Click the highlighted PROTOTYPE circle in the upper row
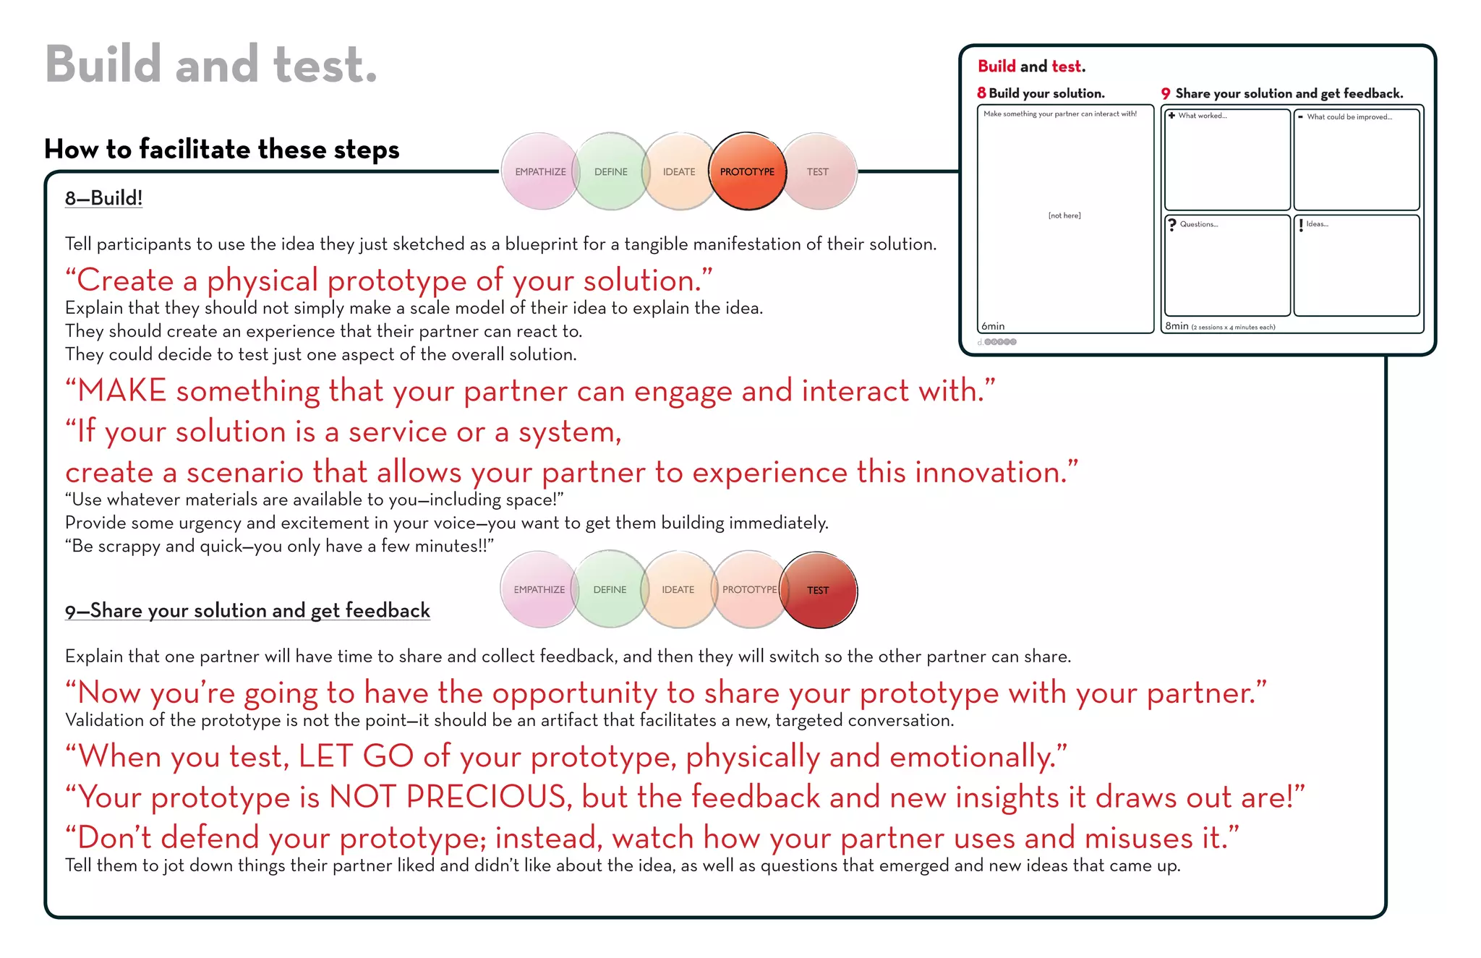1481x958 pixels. coord(747,171)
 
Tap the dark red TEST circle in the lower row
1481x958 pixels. coord(819,590)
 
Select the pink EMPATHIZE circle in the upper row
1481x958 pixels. coord(539,171)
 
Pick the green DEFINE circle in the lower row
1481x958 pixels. coord(610,590)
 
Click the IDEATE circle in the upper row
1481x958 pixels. coord(678,171)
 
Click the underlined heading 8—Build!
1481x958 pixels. coord(103,198)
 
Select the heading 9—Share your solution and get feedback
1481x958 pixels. coord(247,611)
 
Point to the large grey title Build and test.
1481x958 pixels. coord(210,65)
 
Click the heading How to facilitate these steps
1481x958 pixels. coord(221,149)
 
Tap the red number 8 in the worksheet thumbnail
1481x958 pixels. coord(981,93)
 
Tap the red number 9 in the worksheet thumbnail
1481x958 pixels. coord(1165,93)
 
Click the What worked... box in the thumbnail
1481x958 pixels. coord(1227,159)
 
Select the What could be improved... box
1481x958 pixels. coord(1356,159)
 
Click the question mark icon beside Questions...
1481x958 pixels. coord(1172,225)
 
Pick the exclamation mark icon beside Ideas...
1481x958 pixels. coord(1301,225)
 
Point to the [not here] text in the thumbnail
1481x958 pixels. coord(1064,215)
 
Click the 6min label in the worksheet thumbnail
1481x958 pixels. coord(993,326)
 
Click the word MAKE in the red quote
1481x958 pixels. coord(122,391)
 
